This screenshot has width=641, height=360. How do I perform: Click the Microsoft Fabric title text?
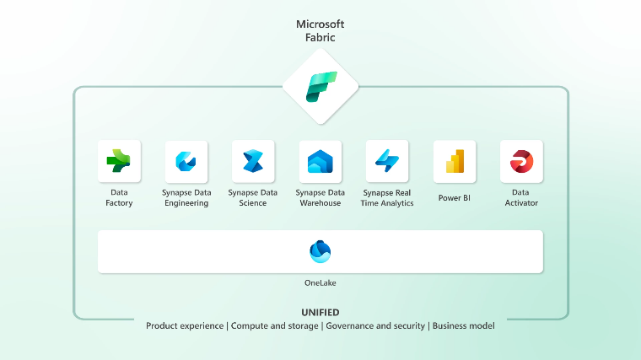[320, 31]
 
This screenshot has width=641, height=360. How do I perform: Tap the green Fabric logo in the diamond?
[320, 86]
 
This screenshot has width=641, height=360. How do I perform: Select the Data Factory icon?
[119, 161]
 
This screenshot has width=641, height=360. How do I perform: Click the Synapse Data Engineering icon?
[186, 161]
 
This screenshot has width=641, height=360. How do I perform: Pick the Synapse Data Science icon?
[253, 161]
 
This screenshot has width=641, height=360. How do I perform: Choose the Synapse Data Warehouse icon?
[320, 161]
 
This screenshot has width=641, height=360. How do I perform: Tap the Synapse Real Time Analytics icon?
[387, 161]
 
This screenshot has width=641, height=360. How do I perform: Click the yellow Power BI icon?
[455, 161]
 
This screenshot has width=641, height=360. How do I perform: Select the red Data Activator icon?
[521, 161]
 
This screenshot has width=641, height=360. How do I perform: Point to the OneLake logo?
[320, 251]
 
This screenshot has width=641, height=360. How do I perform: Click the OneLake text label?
[320, 282]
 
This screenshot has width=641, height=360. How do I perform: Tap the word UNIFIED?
[320, 312]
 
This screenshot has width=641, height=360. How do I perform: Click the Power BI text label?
[455, 198]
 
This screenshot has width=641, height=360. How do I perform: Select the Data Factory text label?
[119, 197]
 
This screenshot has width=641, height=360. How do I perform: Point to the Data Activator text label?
[521, 197]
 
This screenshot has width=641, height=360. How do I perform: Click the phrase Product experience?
[185, 325]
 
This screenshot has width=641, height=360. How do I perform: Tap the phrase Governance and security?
[376, 325]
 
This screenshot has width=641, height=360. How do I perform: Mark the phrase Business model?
[463, 325]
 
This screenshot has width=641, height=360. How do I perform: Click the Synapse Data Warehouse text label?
[320, 197]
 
